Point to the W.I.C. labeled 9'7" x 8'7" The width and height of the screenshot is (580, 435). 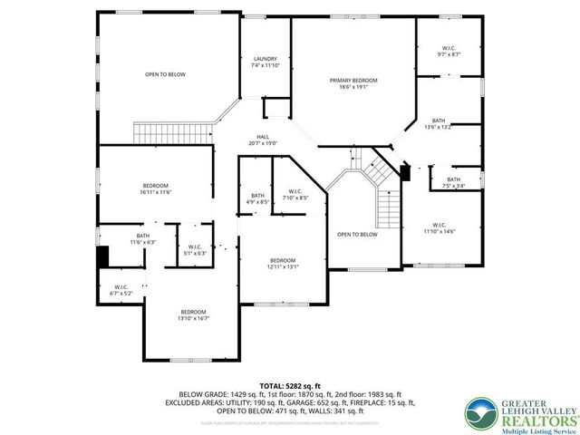[x=449, y=51]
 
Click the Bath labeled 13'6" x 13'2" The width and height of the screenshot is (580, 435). [x=439, y=123]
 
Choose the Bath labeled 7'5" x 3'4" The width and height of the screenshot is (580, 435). [x=451, y=181]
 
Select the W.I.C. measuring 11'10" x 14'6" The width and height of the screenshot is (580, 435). [x=439, y=228]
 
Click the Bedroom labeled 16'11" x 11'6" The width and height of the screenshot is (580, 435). [x=155, y=188]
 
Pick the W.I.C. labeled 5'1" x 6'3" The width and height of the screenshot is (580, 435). [x=195, y=250]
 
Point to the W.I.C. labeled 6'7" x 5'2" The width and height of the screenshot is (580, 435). [x=121, y=290]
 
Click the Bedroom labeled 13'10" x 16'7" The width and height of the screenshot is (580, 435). [x=193, y=315]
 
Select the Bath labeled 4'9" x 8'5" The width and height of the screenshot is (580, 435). [x=257, y=199]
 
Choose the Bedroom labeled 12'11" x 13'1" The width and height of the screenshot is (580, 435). [x=283, y=265]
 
